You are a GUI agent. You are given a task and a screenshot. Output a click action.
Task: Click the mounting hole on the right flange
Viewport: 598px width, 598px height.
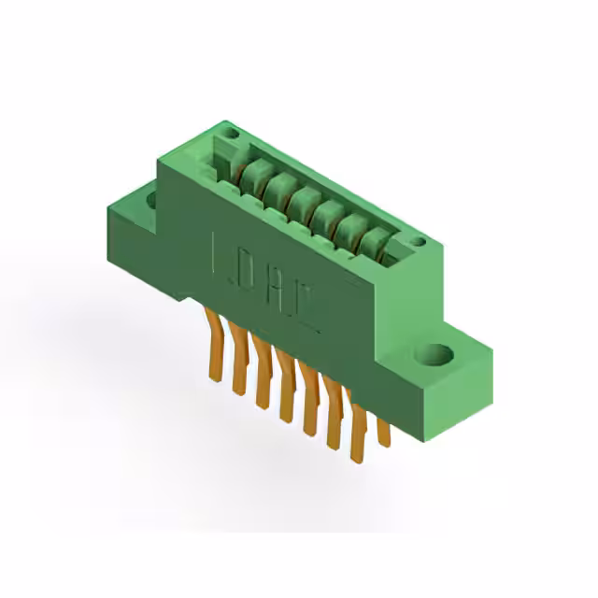coord(436,354)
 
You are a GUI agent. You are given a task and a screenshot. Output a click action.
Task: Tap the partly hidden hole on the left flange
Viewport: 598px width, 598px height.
coord(151,197)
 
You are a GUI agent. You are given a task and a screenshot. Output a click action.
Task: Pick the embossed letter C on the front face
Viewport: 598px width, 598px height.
coord(311,306)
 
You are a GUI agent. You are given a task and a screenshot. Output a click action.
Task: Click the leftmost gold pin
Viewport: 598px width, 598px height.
coord(214,346)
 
